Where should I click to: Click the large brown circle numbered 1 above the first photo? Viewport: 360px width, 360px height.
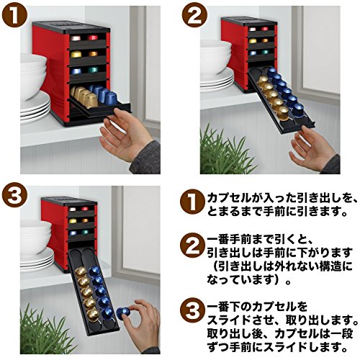[x=14, y=16]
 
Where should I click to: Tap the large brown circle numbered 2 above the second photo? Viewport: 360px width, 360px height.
[x=194, y=16]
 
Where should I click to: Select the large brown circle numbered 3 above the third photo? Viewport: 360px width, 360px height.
[x=14, y=196]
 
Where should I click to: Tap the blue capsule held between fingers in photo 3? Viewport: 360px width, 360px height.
[x=123, y=312]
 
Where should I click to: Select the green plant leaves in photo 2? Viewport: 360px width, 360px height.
[x=225, y=151]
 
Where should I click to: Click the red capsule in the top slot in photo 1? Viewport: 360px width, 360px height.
[x=93, y=37]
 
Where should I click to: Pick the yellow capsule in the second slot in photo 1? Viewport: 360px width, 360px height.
[x=76, y=54]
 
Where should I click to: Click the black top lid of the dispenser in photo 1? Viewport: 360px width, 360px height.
[x=71, y=27]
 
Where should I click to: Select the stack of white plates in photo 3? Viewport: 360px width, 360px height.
[x=37, y=259]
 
